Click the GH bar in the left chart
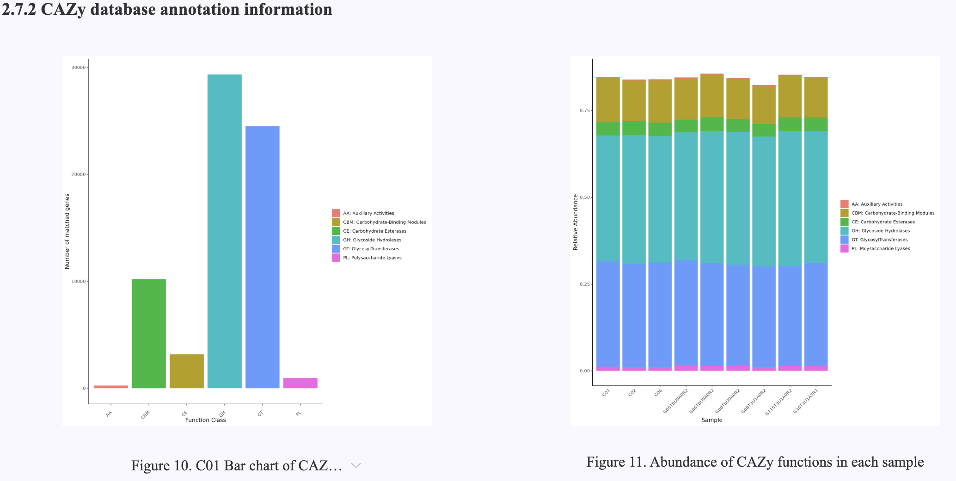coord(224,231)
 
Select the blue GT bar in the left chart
coord(262,257)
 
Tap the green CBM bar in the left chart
coord(148,333)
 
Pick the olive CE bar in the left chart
coord(186,371)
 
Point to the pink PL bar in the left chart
coord(300,383)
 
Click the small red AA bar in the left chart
coord(111,387)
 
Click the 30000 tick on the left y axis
coord(79,68)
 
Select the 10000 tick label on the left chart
coord(79,281)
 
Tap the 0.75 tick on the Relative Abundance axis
coord(585,111)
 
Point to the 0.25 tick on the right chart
coord(585,284)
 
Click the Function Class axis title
coord(205,420)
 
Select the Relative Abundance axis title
coord(576,222)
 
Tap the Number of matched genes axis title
coord(67,232)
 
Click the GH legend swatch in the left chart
coord(336,240)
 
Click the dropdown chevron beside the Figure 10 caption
coord(356,465)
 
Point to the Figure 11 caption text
coord(755,462)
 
